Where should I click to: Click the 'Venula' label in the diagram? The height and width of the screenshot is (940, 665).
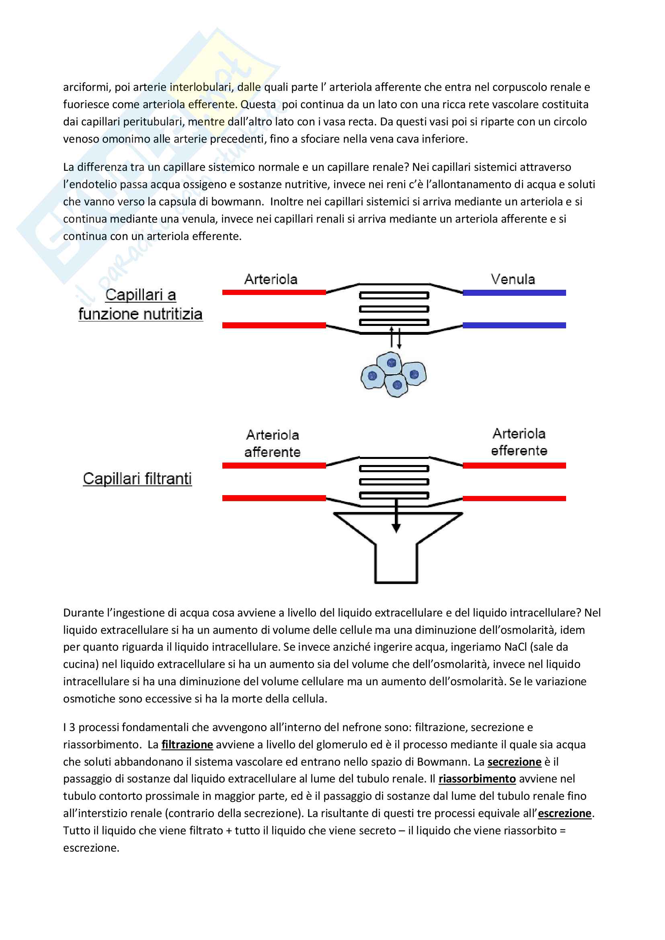click(x=513, y=279)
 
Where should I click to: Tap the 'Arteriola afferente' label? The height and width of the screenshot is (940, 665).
click(x=272, y=443)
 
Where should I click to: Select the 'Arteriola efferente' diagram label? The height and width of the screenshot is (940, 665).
click(x=519, y=442)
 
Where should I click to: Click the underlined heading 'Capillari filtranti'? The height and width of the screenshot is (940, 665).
click(x=137, y=479)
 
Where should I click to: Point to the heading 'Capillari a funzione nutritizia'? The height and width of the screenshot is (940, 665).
click(x=140, y=305)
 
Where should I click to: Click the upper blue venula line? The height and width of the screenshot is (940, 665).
click(x=514, y=293)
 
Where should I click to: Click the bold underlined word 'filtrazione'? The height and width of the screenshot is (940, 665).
click(x=187, y=745)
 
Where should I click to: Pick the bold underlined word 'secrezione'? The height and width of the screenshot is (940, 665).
click(x=514, y=762)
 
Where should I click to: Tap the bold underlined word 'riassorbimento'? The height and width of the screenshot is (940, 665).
click(x=477, y=779)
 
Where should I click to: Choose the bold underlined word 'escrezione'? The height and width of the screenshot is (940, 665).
click(x=564, y=813)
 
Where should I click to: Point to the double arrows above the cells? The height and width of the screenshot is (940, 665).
click(x=395, y=338)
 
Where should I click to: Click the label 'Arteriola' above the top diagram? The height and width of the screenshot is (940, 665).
click(x=271, y=279)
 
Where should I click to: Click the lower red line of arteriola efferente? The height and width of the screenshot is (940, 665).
click(x=514, y=498)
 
